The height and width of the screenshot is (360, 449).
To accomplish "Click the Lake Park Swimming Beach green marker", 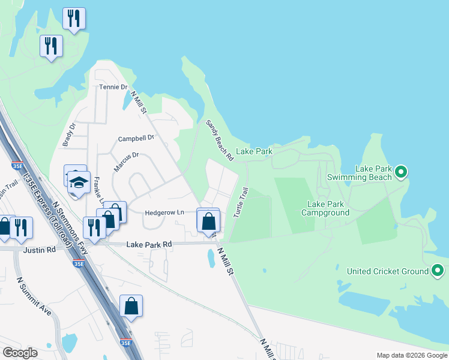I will [x=402, y=173].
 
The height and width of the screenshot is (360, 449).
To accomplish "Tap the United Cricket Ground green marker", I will [x=438, y=271].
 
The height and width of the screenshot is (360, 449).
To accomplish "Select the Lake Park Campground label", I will [x=325, y=208].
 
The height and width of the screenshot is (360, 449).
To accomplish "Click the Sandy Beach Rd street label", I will [x=219, y=140].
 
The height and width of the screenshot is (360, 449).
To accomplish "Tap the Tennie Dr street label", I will [x=113, y=87].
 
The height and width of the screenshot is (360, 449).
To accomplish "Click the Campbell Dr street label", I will [x=136, y=138].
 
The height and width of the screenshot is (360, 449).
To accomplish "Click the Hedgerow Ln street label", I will [x=164, y=212].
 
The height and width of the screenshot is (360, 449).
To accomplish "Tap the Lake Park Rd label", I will [x=149, y=244].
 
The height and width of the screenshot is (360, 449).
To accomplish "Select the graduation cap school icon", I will [x=78, y=182].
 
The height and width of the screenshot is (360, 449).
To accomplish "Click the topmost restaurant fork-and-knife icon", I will [x=74, y=18].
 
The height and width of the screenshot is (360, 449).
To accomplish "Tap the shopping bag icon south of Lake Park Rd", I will [x=131, y=307].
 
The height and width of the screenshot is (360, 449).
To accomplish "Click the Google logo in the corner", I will [x=20, y=353].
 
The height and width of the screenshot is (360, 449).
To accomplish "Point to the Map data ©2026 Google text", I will [x=411, y=355].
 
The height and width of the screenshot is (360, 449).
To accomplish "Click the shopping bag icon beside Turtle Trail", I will [x=208, y=221].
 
